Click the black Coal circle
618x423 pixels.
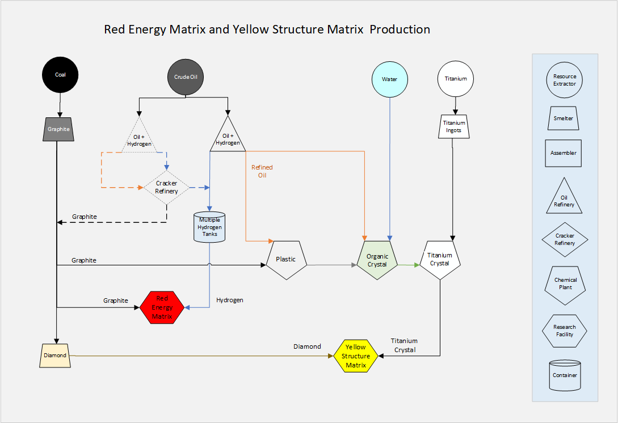(60, 75)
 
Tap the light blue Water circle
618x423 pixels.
(390, 79)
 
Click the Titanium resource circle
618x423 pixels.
(456, 79)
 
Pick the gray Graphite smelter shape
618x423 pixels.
(58, 129)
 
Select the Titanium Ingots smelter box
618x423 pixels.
(454, 126)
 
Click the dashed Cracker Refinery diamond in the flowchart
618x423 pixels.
(166, 187)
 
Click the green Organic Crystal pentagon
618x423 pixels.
(377, 260)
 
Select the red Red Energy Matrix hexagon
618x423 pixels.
(162, 307)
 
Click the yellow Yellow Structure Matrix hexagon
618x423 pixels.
(356, 356)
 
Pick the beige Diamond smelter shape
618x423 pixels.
(55, 356)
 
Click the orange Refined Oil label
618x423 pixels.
(262, 171)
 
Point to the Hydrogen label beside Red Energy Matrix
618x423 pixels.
(230, 300)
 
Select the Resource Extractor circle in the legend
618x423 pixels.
(565, 80)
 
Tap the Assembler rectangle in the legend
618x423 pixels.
(564, 153)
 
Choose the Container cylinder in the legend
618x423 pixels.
(565, 375)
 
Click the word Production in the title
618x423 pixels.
(400, 29)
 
